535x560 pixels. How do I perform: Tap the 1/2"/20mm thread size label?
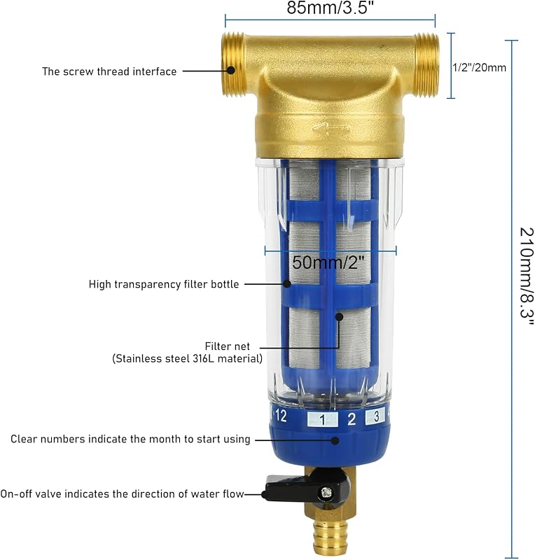click(479, 67)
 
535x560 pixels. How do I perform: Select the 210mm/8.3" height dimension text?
click(526, 276)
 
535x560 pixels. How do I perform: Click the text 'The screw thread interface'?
click(109, 71)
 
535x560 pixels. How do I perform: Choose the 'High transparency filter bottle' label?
click(164, 284)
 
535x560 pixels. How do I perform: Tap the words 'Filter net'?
click(228, 346)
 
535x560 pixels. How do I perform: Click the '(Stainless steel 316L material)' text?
click(187, 358)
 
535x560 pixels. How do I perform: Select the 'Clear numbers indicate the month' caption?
click(130, 439)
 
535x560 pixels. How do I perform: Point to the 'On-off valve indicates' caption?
click(122, 494)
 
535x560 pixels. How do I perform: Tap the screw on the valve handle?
click(326, 493)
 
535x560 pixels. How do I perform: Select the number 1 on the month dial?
click(322, 419)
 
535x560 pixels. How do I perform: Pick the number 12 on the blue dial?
click(281, 415)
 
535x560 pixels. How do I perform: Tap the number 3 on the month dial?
click(376, 416)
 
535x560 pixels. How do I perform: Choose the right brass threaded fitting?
click(426, 65)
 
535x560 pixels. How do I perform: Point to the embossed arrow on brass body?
click(331, 127)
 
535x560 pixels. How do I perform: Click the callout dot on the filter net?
click(339, 316)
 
